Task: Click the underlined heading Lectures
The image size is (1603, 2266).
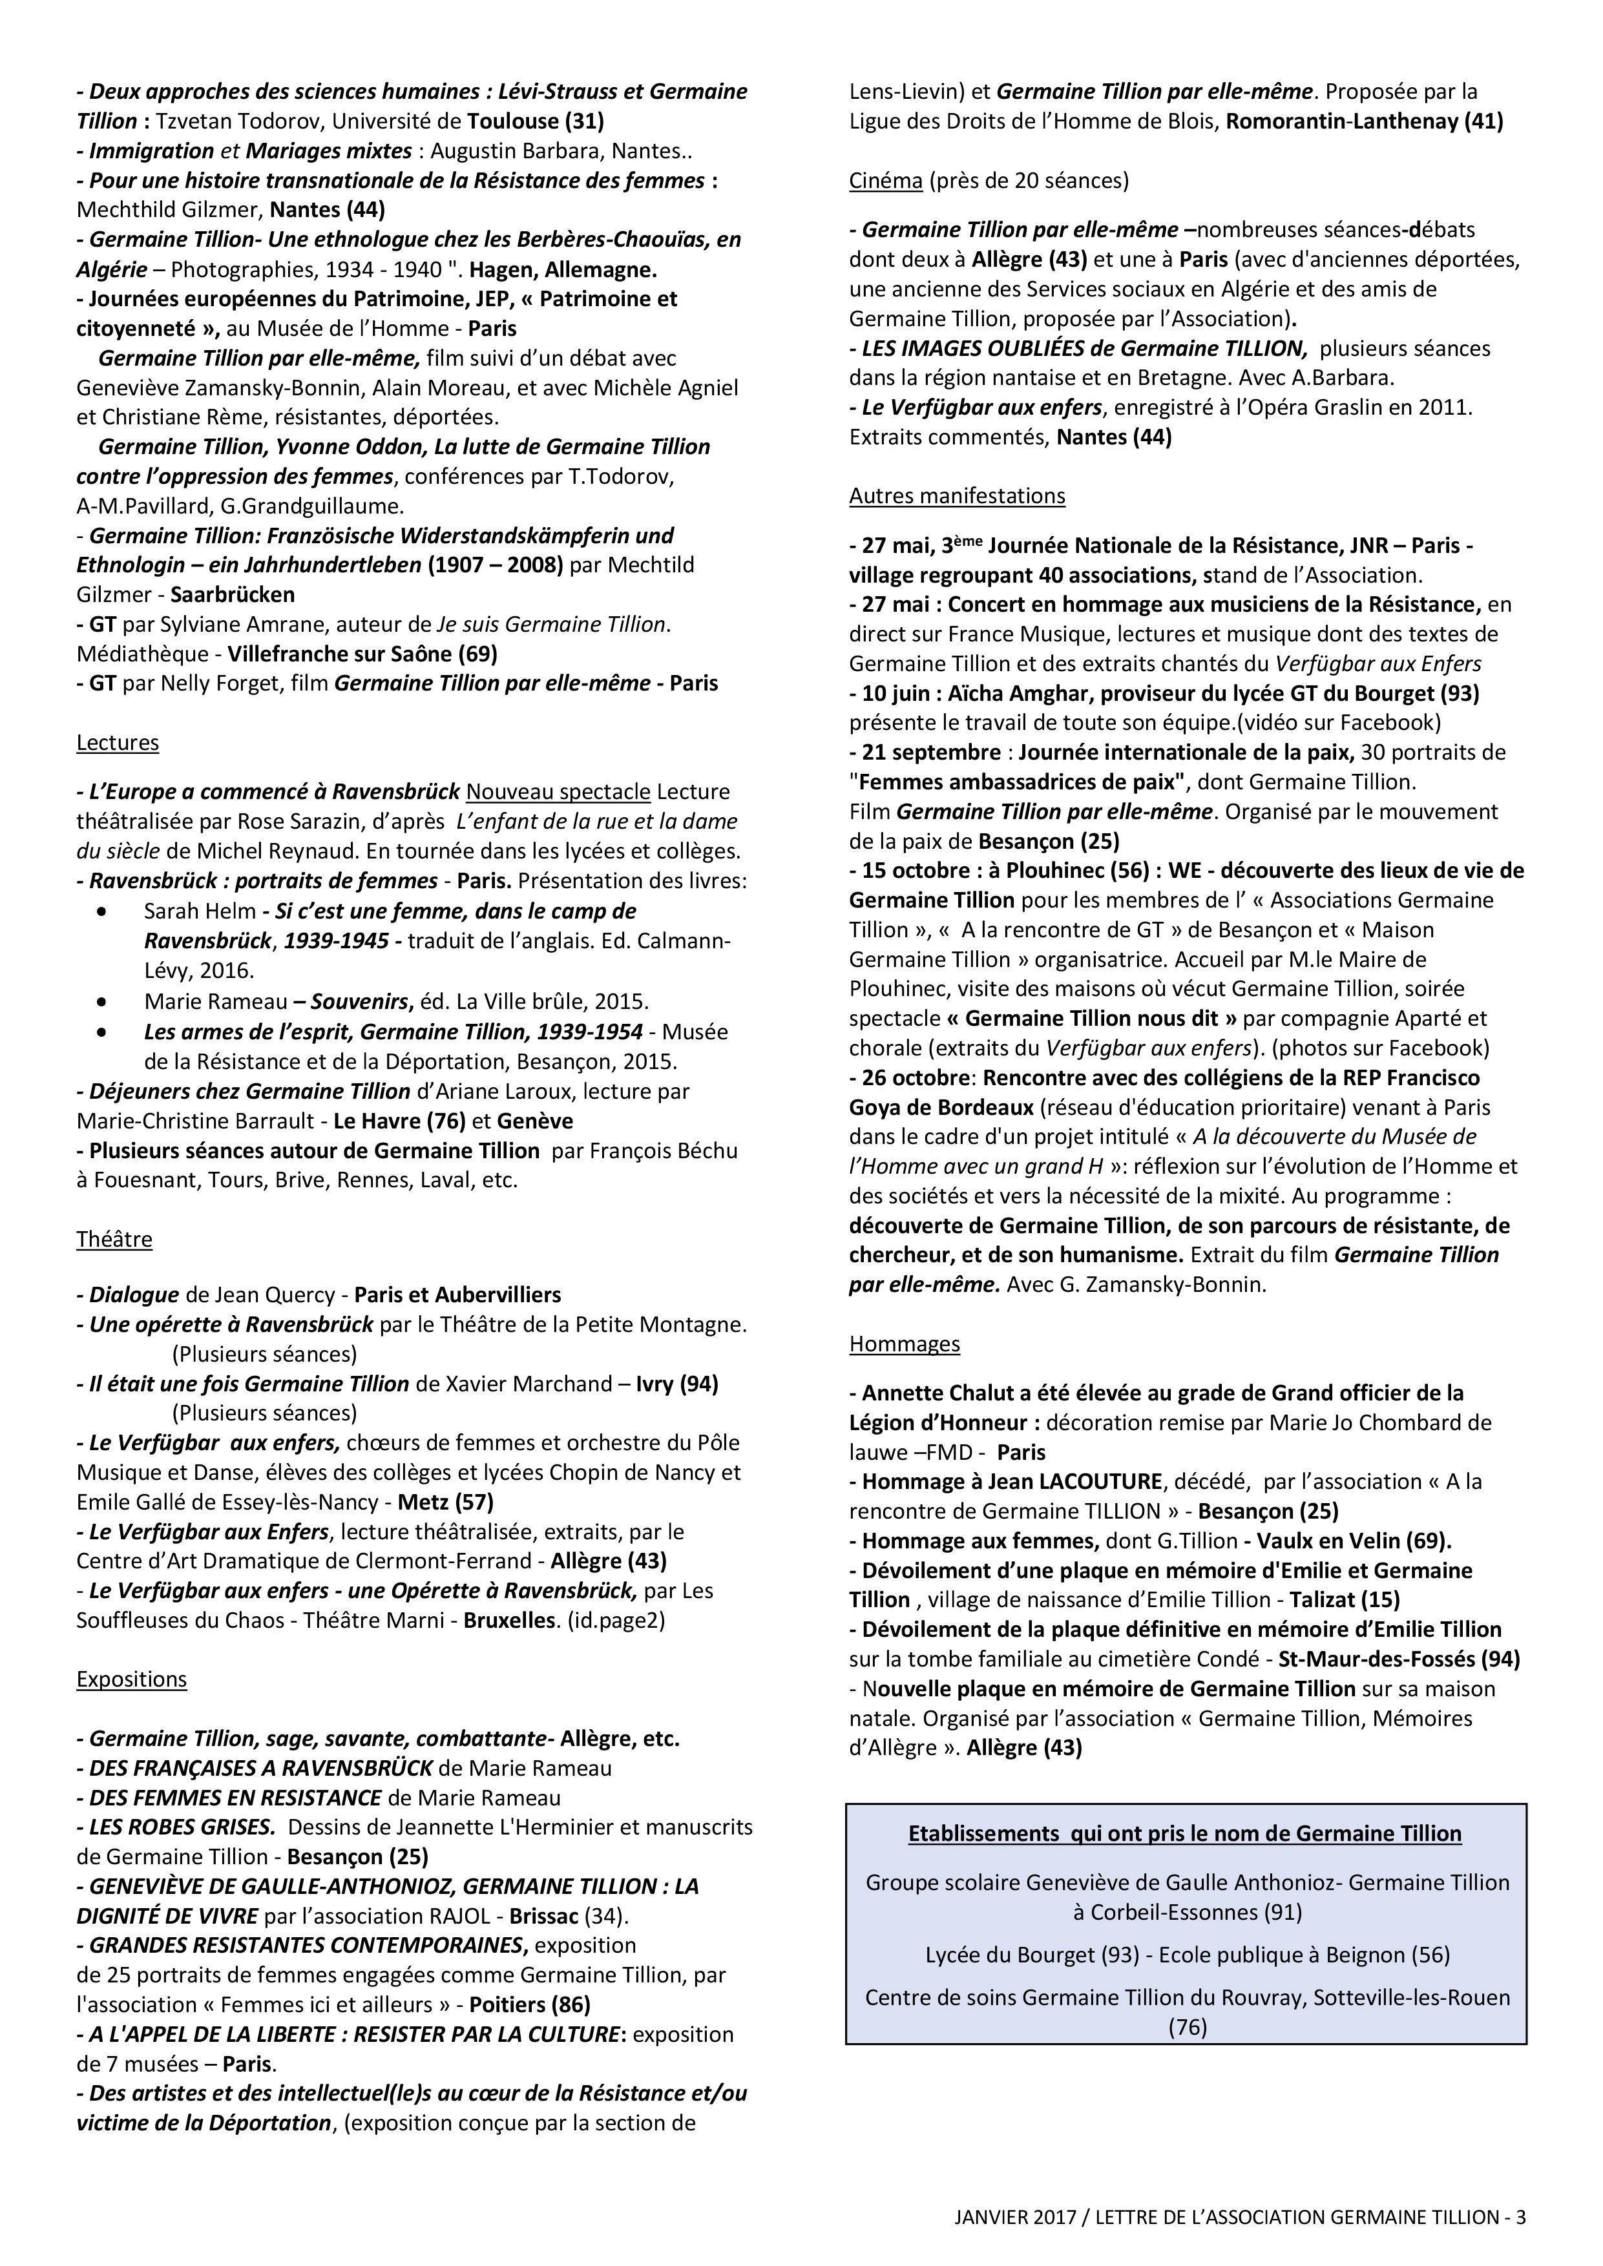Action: click(118, 742)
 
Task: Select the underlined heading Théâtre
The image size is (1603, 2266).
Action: click(114, 1238)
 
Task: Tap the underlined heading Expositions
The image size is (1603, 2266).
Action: click(131, 1679)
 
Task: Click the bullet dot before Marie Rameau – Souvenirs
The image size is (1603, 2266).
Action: click(103, 1002)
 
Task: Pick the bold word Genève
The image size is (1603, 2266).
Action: click(535, 1121)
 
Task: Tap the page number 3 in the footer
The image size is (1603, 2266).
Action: click(1520, 2217)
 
